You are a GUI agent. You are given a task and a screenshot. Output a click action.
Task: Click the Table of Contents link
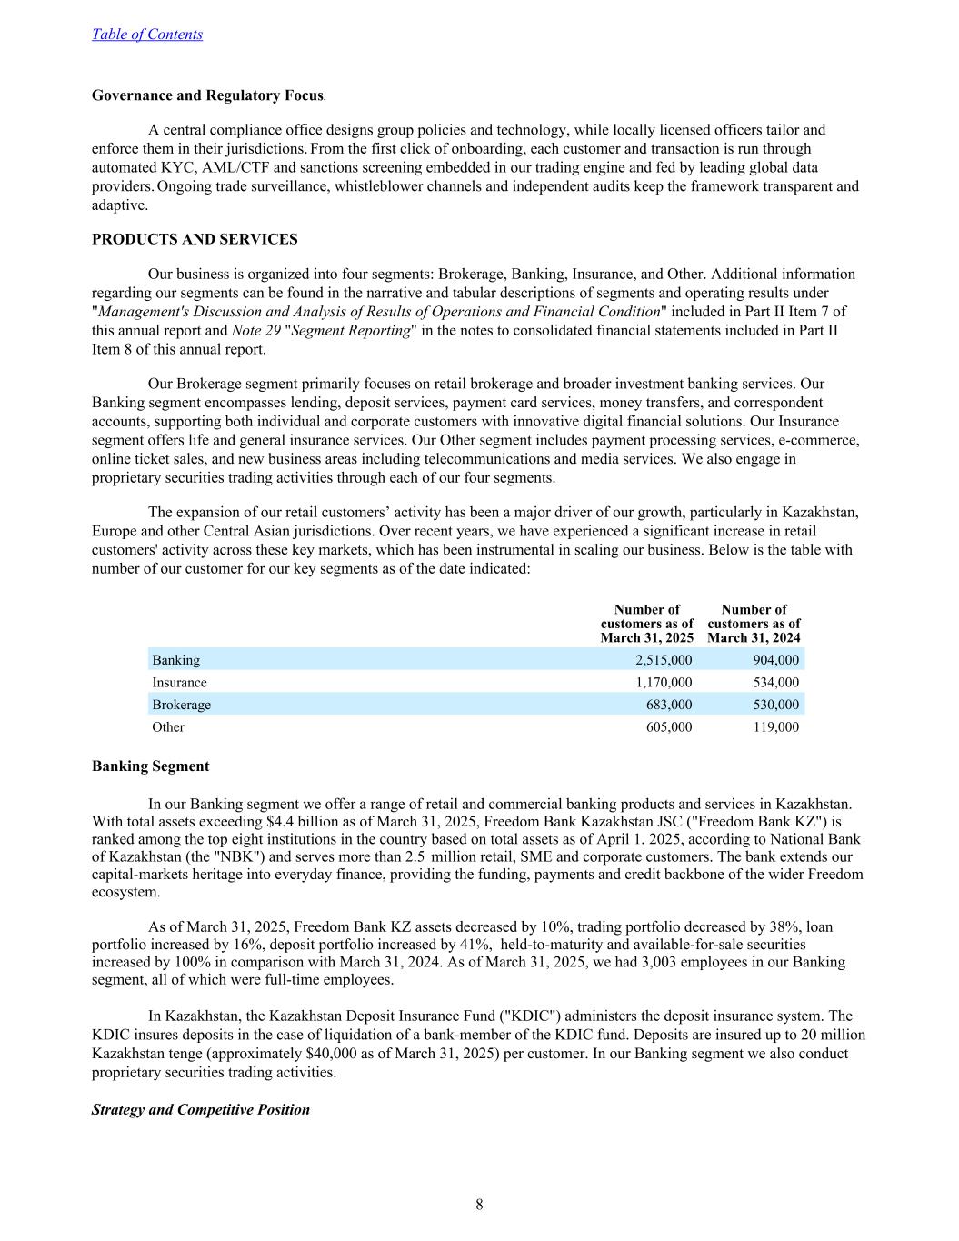146,35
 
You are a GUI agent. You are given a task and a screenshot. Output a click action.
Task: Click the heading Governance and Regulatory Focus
207,95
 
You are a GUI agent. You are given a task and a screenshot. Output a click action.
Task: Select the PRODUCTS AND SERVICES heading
195,239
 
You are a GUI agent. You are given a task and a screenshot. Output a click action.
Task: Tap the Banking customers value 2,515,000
663,660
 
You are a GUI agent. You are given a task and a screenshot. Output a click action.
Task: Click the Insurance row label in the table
179,683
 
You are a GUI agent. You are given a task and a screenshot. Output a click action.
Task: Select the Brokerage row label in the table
181,705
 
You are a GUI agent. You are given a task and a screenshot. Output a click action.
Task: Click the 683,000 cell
668,705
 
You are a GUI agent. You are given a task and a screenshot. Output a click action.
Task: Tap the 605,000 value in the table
668,727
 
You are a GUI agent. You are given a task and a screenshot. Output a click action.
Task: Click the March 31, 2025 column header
646,624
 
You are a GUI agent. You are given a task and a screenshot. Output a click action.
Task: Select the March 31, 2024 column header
754,624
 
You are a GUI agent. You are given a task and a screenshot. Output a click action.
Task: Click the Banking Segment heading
150,766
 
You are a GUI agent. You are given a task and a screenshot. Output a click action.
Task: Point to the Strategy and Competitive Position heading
200,1110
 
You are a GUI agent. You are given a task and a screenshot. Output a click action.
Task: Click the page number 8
479,1206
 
